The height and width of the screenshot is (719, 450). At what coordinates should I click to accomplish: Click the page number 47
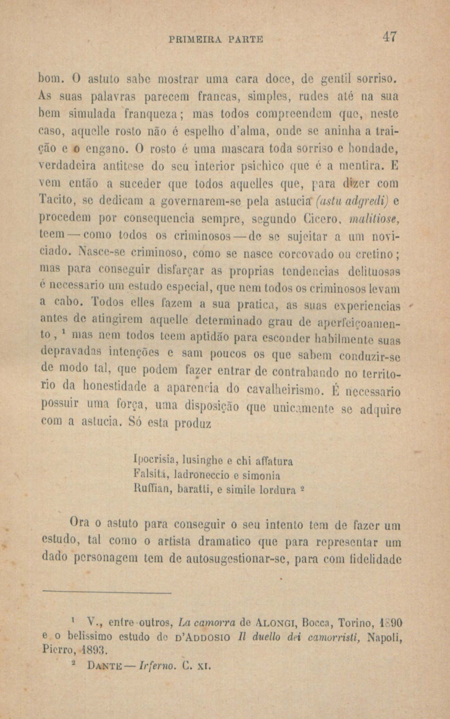tap(390, 36)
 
